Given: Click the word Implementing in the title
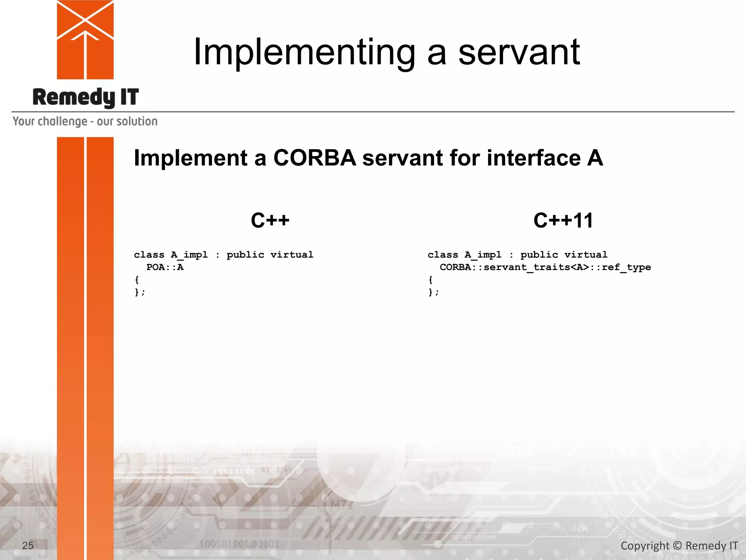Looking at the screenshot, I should (304, 53).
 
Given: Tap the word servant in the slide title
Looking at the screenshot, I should (519, 53).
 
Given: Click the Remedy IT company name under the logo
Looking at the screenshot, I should (86, 97).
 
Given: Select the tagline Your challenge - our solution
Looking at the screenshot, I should (85, 121).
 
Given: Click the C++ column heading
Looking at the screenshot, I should (270, 220).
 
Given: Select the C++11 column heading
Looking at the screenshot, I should (563, 220).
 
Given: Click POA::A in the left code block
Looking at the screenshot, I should (165, 267).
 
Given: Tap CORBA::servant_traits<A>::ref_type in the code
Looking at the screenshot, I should (545, 267).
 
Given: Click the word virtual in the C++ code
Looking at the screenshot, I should (291, 254).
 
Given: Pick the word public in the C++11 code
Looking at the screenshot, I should (539, 254).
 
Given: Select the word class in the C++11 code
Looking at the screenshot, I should (443, 254).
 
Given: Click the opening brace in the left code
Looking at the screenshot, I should (137, 280).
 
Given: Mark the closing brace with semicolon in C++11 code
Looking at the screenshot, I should (433, 292).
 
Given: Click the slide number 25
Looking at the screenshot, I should (28, 545).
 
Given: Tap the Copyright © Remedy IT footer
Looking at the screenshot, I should (679, 545).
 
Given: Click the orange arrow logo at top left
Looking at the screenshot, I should (85, 39).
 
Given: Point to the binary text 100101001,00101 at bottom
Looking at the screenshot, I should (239, 544).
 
